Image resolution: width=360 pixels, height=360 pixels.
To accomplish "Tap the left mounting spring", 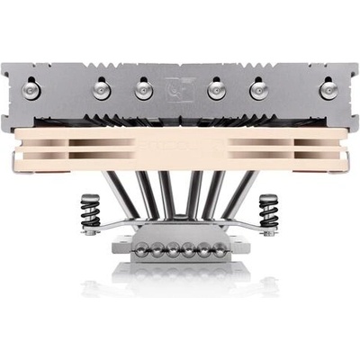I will pos(90,212).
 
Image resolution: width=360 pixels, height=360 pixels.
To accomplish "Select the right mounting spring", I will pos(268,212).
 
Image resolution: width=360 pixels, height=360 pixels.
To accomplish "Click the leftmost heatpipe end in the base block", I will pos(138,248).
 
